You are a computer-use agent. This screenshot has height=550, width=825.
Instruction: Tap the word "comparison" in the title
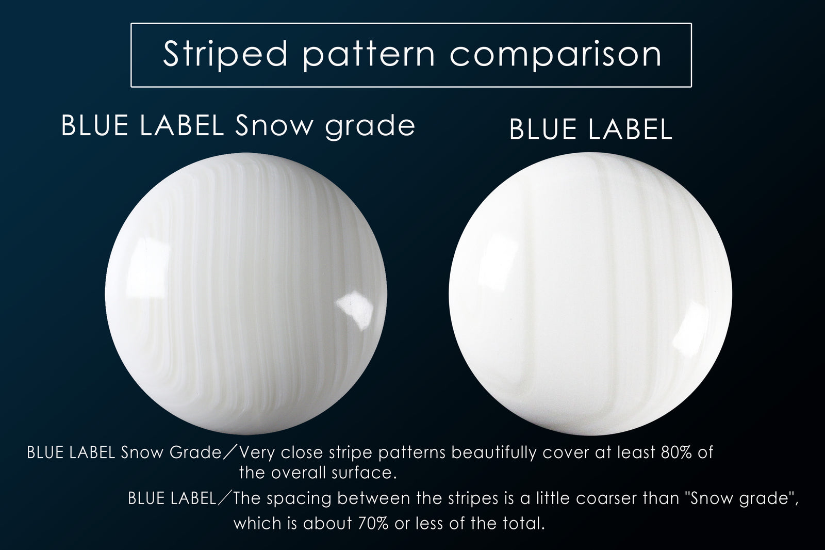(555, 55)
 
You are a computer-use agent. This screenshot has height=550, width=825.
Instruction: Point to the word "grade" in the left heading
(370, 127)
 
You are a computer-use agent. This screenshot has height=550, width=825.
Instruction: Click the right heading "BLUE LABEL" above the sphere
(591, 130)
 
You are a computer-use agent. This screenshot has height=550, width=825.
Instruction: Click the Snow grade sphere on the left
(245, 294)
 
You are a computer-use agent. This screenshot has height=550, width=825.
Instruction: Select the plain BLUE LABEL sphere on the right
(590, 294)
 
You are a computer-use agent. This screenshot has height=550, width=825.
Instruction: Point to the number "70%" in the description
(373, 523)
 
